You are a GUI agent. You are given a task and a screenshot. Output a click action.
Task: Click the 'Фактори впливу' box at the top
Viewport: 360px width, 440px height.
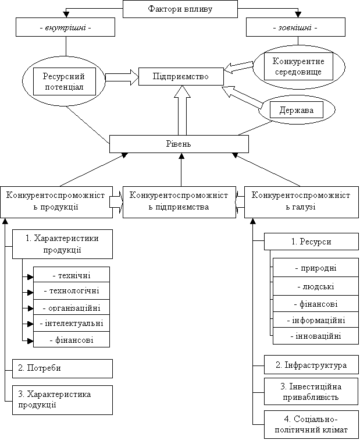180,9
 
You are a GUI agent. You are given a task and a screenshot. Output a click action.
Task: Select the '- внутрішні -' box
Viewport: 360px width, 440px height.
65,27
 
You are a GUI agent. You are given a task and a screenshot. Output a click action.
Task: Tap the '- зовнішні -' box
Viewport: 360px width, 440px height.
295,27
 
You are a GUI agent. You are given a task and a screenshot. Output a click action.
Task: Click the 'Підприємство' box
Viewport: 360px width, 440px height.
180,77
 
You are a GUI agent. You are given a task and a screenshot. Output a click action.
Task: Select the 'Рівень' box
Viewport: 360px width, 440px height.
179,144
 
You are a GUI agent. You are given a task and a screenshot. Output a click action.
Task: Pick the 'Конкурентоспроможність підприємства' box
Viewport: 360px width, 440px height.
179,201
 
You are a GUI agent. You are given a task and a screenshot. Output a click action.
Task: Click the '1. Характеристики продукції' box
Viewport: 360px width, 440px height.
62,244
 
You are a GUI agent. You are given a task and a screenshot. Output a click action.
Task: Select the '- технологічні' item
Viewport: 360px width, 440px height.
71,290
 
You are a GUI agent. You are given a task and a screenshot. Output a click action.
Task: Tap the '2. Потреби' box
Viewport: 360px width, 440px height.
62,368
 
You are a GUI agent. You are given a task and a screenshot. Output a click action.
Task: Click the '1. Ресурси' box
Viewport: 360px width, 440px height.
312,242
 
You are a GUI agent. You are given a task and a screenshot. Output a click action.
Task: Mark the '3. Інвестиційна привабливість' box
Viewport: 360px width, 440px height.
311,392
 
